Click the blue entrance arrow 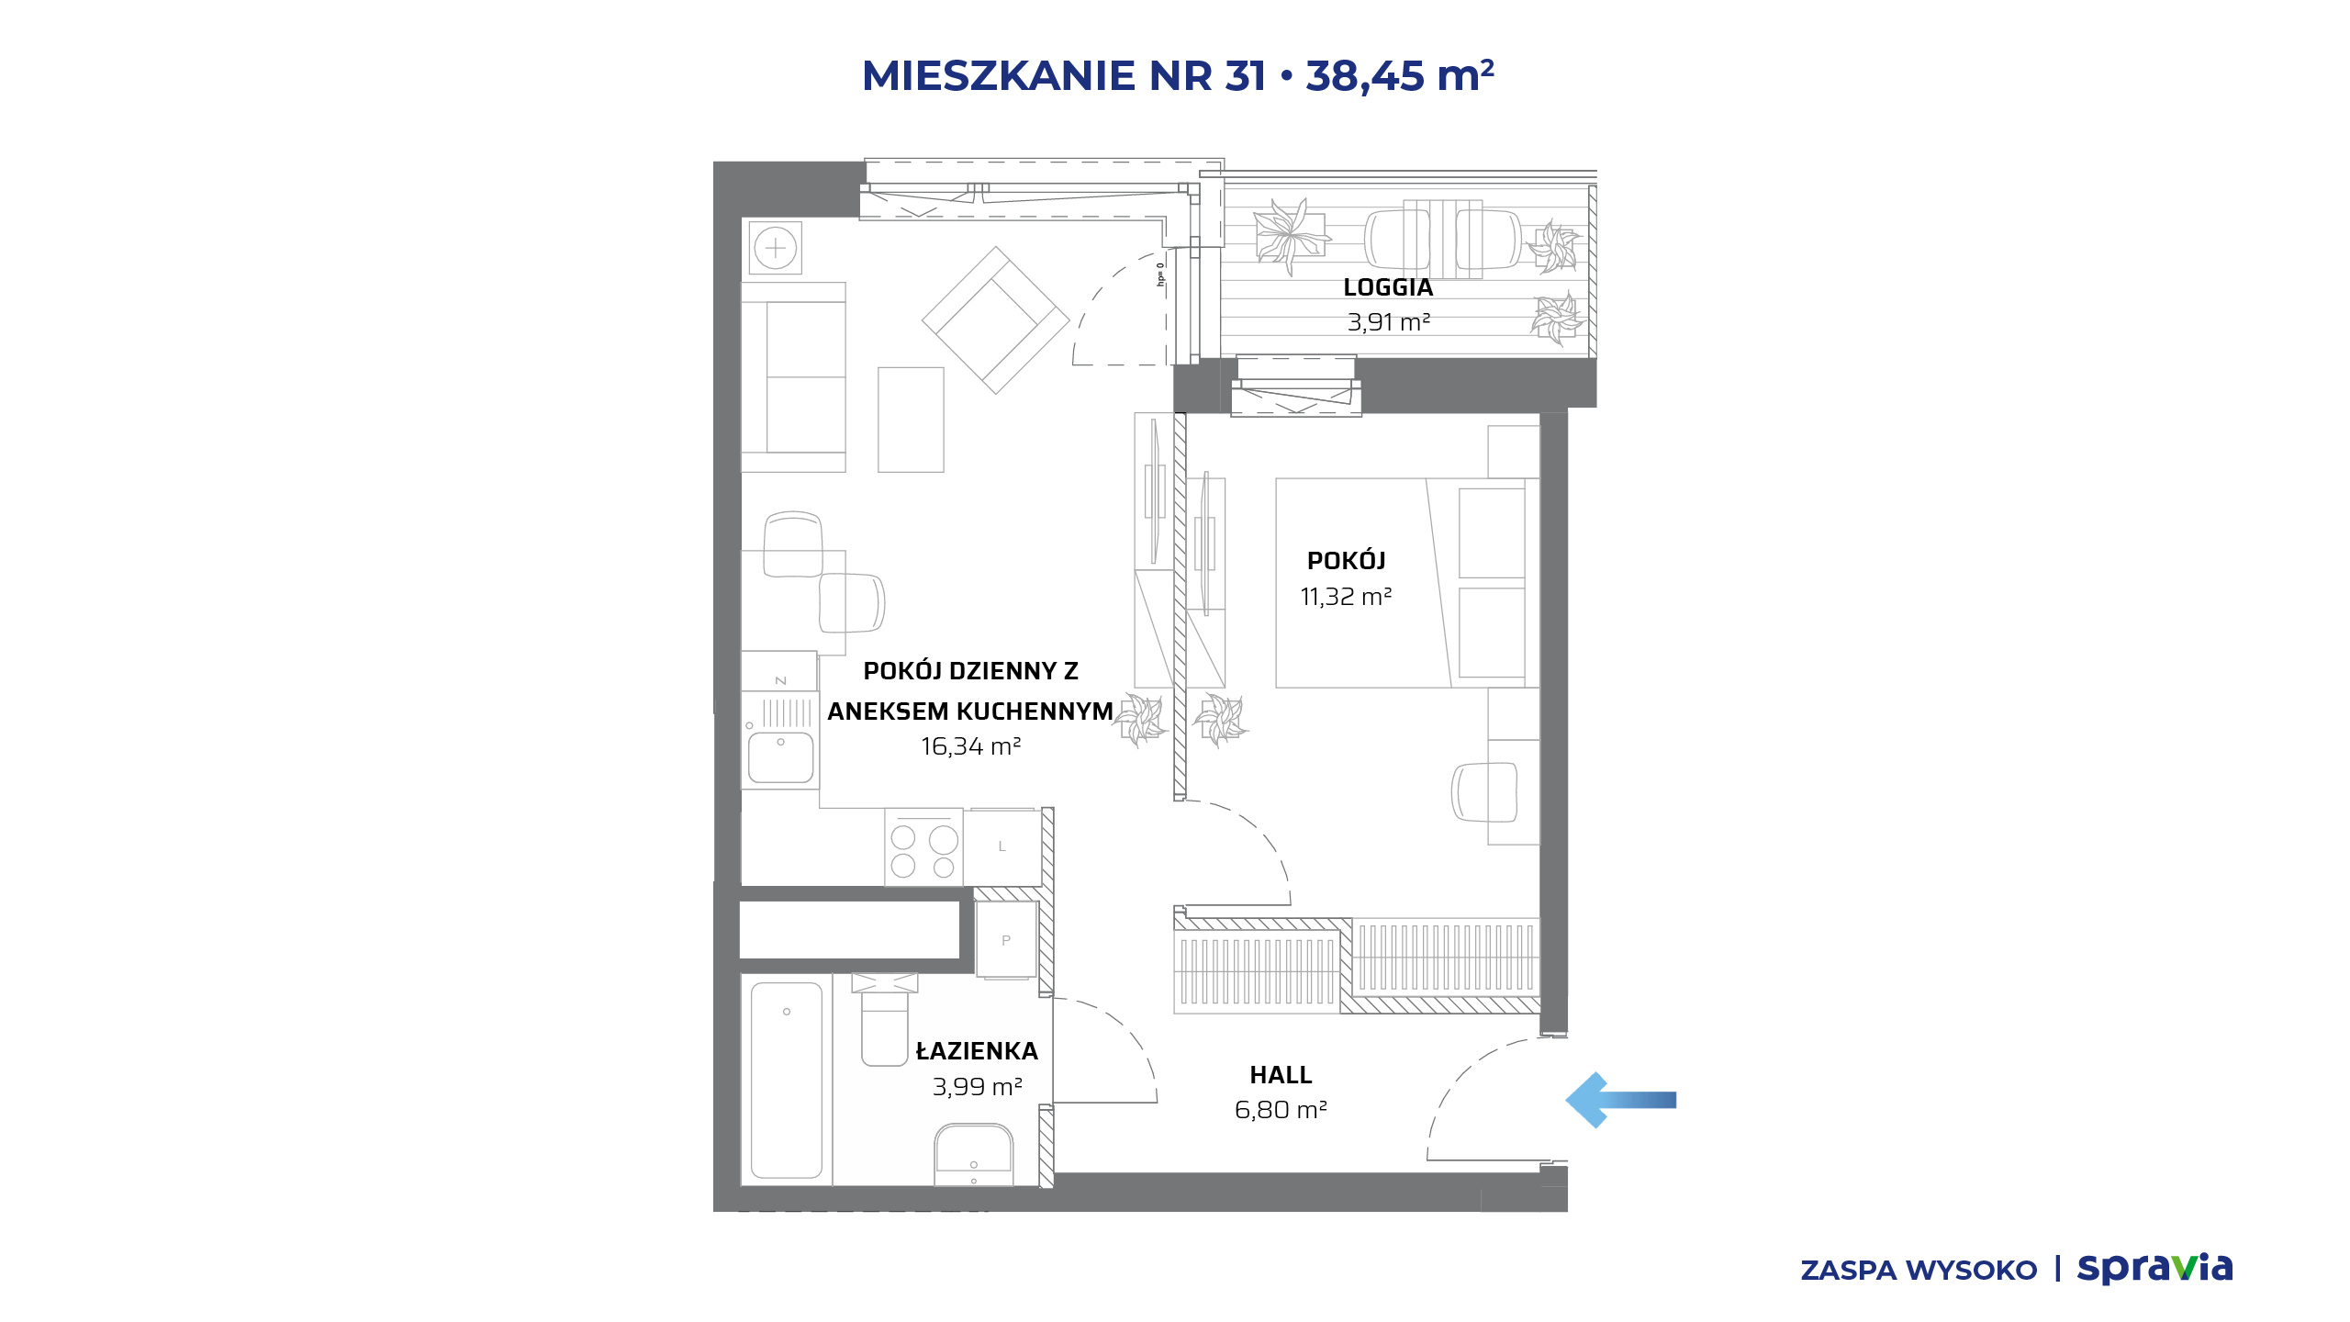coord(1620,1100)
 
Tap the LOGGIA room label coord(1388,287)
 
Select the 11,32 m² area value coord(1346,597)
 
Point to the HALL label coord(1281,1075)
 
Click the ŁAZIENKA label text coord(977,1050)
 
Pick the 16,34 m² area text coord(970,746)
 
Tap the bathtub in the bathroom coord(787,1081)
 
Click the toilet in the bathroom coord(884,1019)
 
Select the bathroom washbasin coord(973,1154)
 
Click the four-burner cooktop coord(923,847)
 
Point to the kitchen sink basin coord(781,756)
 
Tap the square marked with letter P coord(1006,940)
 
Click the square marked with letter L coord(1002,846)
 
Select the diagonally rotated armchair coord(996,320)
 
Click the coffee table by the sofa coord(911,420)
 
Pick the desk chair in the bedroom coord(1484,791)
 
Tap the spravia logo coord(2154,1268)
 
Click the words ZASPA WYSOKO coord(1919,1271)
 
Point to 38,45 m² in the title coord(1400,75)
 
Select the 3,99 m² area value coord(977,1087)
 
